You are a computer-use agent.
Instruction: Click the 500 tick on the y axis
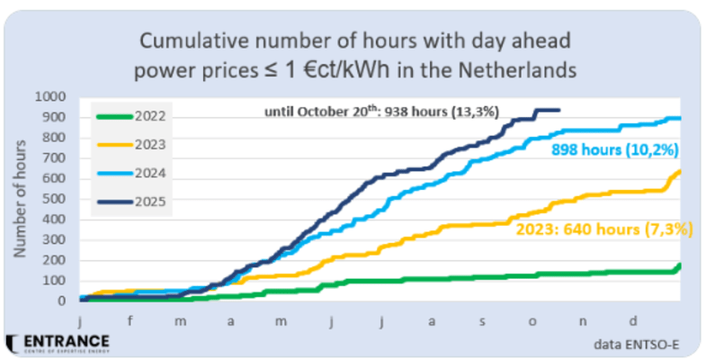(52, 198)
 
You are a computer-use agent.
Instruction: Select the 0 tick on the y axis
(61, 301)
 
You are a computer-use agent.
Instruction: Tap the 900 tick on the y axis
(52, 116)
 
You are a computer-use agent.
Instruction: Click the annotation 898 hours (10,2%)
(613, 149)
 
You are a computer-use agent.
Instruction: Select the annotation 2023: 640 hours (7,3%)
(603, 229)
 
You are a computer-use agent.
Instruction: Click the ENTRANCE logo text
(65, 342)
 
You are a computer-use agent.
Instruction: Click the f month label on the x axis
(131, 318)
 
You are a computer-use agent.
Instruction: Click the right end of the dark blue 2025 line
(559, 110)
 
